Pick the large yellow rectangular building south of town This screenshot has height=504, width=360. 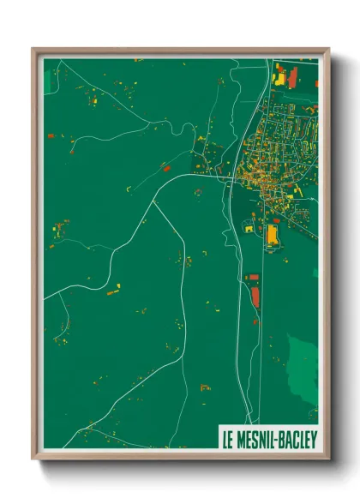(273, 233)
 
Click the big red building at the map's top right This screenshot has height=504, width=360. (293, 77)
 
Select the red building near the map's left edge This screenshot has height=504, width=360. (51, 135)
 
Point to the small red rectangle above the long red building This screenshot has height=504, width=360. (253, 277)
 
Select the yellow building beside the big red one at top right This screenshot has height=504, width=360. (279, 77)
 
